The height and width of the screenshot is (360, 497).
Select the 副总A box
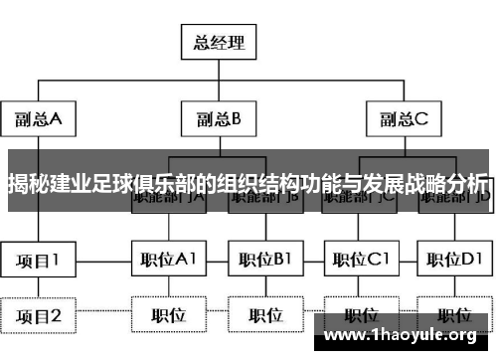[39, 119]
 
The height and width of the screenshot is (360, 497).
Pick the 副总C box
[402, 119]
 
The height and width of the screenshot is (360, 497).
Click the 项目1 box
[39, 261]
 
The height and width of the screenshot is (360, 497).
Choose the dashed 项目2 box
[39, 316]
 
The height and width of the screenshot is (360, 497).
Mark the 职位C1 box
[361, 261]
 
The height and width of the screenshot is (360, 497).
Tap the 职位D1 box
[455, 261]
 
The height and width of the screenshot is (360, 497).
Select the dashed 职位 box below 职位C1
[361, 316]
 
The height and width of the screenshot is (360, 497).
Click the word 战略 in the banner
[418, 183]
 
